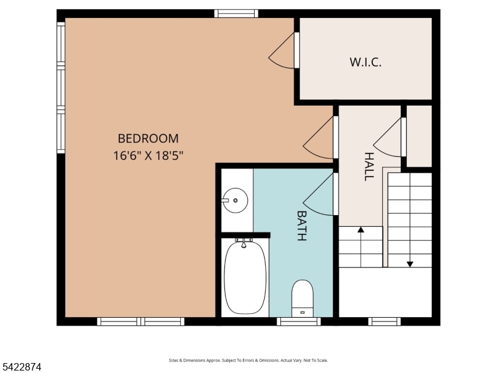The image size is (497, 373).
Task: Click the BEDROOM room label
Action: tap(148, 139)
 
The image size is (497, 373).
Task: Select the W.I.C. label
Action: tap(365, 62)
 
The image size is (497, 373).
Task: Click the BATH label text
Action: tap(302, 226)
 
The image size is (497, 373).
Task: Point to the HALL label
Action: tap(368, 166)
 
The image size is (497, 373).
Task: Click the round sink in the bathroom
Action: tap(235, 200)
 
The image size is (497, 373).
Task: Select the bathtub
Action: tap(245, 277)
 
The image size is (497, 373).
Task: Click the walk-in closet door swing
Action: tap(283, 53)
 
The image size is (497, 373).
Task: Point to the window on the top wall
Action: tap(236, 13)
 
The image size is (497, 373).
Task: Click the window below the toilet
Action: tap(299, 321)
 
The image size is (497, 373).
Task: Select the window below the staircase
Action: tap(385, 321)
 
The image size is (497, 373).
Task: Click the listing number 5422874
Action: tap(22, 367)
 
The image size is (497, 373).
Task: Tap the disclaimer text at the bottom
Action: tap(248, 361)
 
